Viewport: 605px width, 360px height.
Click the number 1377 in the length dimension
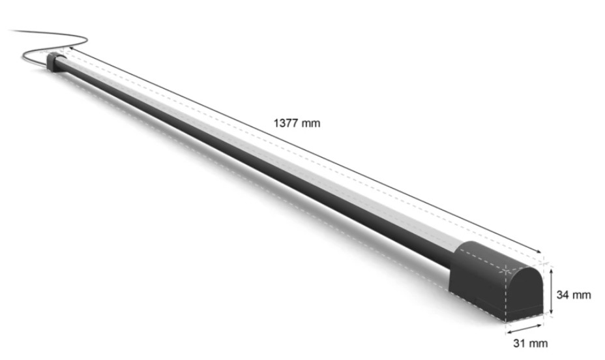286,123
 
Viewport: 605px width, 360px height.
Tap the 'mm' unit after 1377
311,124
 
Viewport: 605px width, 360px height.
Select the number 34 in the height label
562,295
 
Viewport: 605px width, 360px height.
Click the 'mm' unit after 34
581,295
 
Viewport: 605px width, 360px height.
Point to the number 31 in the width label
519,343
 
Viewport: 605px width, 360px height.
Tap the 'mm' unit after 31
538,344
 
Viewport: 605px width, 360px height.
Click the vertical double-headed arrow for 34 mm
552,292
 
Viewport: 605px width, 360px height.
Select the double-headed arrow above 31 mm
524,329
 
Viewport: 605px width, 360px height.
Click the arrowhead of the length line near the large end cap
539,252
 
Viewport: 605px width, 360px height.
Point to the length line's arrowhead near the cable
72,49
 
